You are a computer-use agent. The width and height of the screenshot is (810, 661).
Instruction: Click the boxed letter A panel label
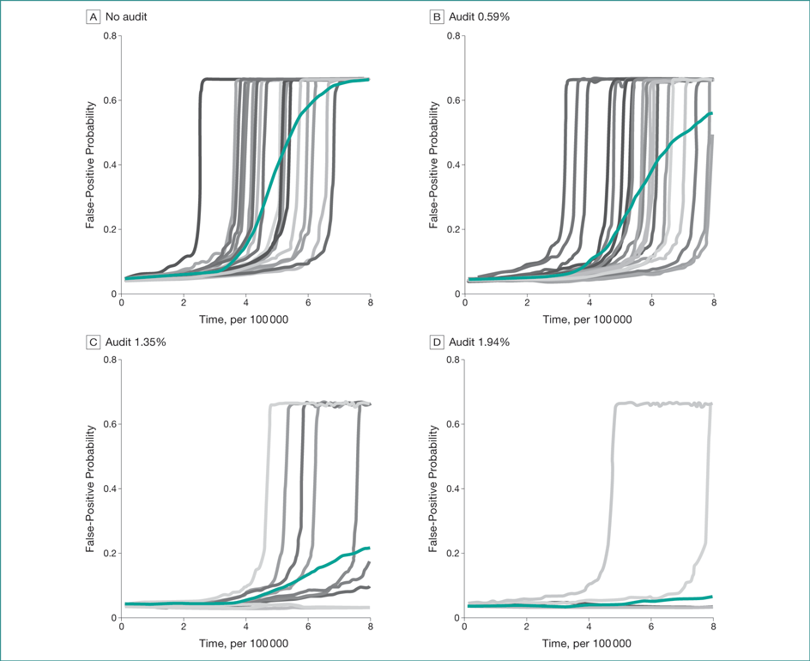click(93, 17)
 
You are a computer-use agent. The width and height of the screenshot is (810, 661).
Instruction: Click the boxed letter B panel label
click(437, 17)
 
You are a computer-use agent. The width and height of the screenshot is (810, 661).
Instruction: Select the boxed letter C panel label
click(93, 342)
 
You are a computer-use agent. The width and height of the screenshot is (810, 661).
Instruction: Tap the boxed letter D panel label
click(437, 342)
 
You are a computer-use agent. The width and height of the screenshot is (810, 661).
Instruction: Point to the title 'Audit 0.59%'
click(481, 17)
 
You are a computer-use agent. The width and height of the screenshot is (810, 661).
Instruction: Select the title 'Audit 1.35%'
click(136, 342)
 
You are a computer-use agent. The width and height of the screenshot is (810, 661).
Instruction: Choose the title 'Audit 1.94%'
click(481, 342)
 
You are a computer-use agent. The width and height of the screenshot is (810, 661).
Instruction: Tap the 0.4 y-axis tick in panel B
click(453, 165)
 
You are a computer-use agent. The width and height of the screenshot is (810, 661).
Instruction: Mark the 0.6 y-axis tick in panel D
click(453, 424)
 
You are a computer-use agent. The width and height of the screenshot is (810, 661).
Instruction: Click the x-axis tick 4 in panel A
click(246, 303)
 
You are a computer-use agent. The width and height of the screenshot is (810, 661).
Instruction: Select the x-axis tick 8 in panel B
click(713, 303)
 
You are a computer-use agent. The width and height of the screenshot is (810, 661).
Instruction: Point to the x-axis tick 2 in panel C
click(184, 627)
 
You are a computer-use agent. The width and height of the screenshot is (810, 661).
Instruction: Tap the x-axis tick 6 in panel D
click(651, 627)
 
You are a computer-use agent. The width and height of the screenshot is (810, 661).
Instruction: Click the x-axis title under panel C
click(245, 644)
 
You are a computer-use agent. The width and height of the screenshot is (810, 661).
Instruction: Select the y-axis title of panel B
click(434, 165)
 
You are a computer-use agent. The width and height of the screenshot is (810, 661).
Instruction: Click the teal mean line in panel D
click(652, 600)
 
